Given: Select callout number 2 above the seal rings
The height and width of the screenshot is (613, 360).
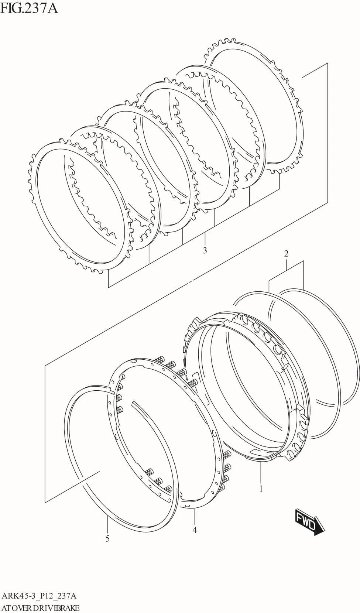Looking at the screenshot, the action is tap(286, 254).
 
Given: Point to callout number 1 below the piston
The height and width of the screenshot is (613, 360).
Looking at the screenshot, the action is tap(261, 489).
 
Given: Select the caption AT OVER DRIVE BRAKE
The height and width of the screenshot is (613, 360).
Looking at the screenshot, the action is tap(41, 608).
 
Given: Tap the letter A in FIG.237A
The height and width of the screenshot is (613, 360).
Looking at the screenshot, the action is tap(53, 8).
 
